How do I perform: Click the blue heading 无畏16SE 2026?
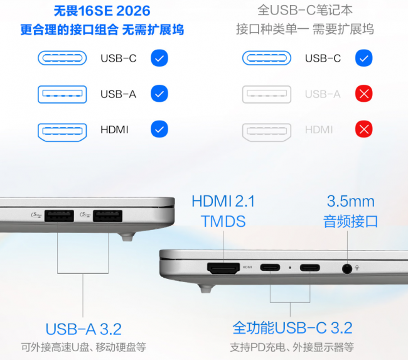[102, 11]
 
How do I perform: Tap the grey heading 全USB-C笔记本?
[305, 11]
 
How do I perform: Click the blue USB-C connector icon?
[62, 58]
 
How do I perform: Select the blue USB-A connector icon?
[62, 94]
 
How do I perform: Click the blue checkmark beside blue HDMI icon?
[159, 129]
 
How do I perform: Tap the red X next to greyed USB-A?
[364, 94]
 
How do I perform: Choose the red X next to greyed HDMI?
[364, 129]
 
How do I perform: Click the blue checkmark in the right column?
[364, 58]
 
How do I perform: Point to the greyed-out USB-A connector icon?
[267, 94]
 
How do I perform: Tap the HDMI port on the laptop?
[223, 268]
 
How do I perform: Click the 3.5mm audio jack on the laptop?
[347, 268]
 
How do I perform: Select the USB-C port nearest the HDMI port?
[270, 267]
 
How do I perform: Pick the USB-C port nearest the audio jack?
[309, 267]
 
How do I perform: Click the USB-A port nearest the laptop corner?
[107, 216]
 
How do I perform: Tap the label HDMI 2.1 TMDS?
[223, 211]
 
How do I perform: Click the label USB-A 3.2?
[83, 329]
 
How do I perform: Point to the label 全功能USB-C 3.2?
[293, 328]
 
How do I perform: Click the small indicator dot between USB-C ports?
[290, 268]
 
